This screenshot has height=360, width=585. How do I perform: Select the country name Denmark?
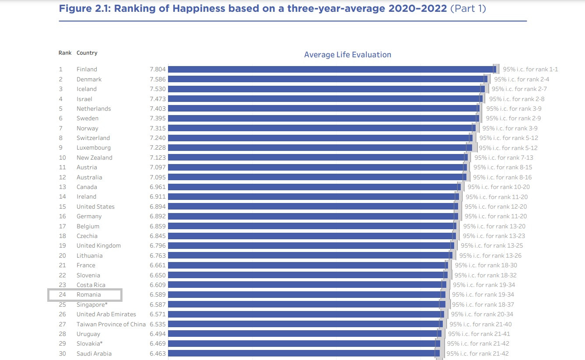click(89, 79)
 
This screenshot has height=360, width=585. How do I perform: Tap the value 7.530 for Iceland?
click(158, 89)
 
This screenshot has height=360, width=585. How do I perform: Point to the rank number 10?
click(62, 157)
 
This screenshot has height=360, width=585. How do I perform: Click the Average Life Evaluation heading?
click(347, 55)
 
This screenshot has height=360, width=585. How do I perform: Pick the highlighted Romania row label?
click(88, 295)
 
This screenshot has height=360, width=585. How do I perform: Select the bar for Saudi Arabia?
click(303, 353)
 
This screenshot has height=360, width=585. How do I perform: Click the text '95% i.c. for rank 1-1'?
click(530, 69)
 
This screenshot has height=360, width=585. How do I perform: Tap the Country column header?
click(87, 53)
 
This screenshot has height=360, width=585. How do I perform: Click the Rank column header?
click(65, 53)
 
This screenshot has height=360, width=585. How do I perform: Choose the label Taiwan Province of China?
click(111, 324)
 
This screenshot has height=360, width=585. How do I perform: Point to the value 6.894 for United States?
click(158, 206)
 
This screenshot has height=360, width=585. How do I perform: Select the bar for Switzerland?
click(319, 138)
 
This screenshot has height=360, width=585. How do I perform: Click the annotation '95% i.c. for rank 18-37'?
click(483, 304)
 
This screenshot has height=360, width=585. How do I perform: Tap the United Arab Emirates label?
click(106, 314)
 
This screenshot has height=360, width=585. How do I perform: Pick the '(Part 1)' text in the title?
click(468, 8)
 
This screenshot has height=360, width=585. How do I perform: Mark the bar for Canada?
click(313, 187)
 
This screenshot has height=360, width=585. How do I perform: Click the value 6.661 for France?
click(158, 265)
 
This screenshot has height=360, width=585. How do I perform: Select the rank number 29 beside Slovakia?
click(62, 343)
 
